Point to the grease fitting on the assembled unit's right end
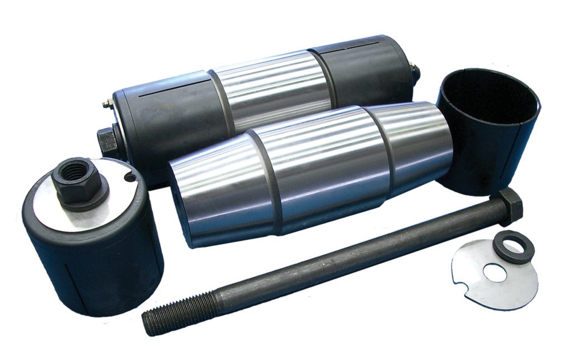pos(415,69)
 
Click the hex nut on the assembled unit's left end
pos(107,140)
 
